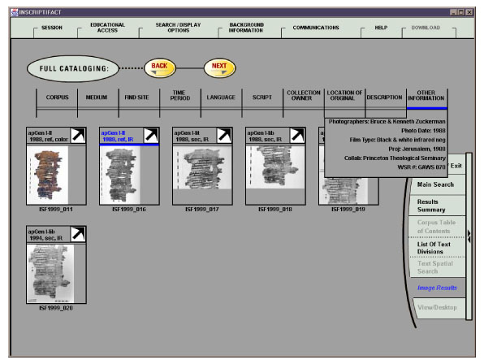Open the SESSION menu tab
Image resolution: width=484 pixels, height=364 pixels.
[x=51, y=28]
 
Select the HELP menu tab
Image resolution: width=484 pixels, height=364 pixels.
[x=380, y=28]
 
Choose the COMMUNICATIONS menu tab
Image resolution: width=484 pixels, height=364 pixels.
[x=315, y=28]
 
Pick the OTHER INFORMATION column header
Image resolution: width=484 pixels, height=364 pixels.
[x=426, y=97]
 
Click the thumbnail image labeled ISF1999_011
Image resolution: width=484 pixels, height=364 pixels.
[x=49, y=175]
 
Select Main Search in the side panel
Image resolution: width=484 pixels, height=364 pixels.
[x=435, y=184]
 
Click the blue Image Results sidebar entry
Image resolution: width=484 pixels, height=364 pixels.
[x=437, y=288]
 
